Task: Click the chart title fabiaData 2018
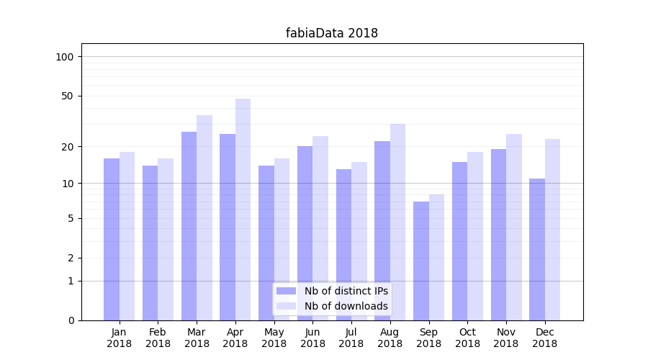[x=331, y=33]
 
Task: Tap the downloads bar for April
[x=243, y=209]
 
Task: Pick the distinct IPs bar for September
[x=421, y=261]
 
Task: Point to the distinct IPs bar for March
[x=189, y=226]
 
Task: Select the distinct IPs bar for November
[x=498, y=235]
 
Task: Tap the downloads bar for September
[x=436, y=257]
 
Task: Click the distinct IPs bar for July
[x=343, y=245]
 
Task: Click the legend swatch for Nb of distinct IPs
[x=287, y=291]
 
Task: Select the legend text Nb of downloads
[x=346, y=306]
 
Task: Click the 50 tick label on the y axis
[x=68, y=96]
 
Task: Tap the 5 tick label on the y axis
[x=71, y=218]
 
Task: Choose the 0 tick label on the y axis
[x=71, y=320]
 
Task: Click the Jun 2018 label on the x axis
[x=312, y=338]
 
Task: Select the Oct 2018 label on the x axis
[x=467, y=338]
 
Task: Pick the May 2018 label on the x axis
[x=274, y=338]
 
